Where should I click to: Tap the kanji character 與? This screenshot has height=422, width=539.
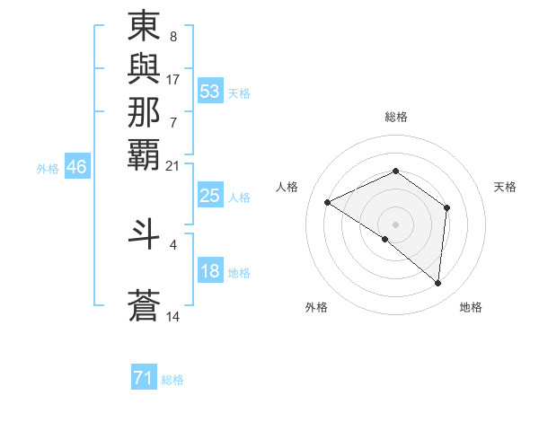point(144,69)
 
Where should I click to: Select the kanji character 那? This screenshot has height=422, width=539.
point(144,112)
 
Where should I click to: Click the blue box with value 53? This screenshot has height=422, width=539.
point(210,91)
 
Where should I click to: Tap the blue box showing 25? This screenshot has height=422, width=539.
point(210,197)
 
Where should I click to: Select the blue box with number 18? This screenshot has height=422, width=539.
point(210,271)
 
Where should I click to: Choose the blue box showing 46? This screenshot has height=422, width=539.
point(77,167)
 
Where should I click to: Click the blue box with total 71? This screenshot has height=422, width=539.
point(144,378)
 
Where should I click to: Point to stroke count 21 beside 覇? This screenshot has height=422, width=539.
point(173,165)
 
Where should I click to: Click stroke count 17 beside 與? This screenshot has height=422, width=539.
point(173,79)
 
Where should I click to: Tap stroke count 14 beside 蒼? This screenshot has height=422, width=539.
point(173,317)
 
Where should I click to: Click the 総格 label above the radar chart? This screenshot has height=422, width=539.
point(395,117)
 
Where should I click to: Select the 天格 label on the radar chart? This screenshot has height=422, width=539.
point(506,187)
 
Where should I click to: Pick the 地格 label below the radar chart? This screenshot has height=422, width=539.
point(471,307)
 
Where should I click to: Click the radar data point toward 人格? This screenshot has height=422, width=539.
point(328,202)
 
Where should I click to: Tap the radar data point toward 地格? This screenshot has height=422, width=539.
point(438,283)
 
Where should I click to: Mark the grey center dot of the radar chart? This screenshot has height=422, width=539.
point(395,224)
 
